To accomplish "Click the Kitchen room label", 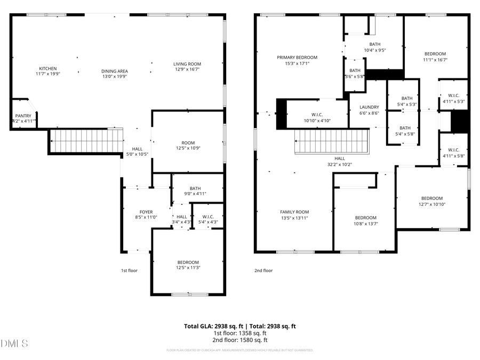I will tap(47, 68).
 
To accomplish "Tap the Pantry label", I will tap(23, 116).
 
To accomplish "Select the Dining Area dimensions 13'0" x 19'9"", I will tap(115, 77).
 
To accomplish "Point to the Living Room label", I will tap(187, 64).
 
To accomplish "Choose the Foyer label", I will tap(146, 212).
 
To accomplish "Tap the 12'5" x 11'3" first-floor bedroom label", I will tap(188, 265).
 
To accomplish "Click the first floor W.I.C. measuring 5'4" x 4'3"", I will tap(208, 219).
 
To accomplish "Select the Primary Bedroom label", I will tap(297, 58).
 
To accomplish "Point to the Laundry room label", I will tap(369, 107).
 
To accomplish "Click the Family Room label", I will tap(295, 212).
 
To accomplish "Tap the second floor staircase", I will tap(332, 141).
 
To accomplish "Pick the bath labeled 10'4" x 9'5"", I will tap(374, 47).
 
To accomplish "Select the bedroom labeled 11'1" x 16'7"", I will tap(435, 57).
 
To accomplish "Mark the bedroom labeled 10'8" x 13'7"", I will tap(366, 220).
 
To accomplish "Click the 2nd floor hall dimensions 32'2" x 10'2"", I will tap(340, 164).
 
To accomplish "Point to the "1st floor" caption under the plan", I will tap(129, 270).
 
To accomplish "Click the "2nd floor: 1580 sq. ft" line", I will tap(240, 340).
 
